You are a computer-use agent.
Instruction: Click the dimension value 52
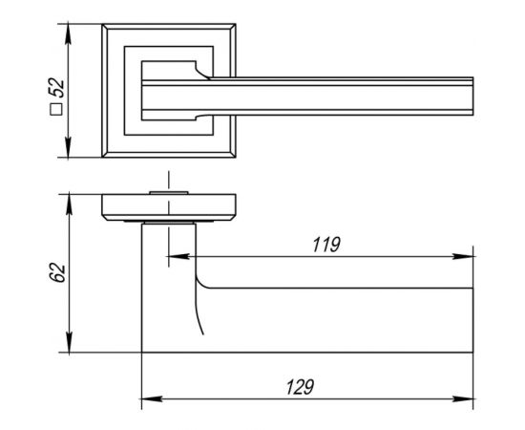[57, 88]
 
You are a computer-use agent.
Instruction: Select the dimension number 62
[57, 273]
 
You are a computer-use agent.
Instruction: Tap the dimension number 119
[326, 245]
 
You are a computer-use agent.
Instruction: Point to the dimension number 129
[300, 387]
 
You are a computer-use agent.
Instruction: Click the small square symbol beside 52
[56, 109]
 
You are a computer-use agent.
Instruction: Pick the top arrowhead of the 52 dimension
[68, 32]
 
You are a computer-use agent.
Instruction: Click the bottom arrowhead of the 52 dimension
[68, 147]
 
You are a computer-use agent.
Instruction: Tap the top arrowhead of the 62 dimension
[69, 204]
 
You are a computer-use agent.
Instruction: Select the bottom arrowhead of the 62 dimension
[69, 342]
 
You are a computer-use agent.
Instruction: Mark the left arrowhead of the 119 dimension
[178, 257]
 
